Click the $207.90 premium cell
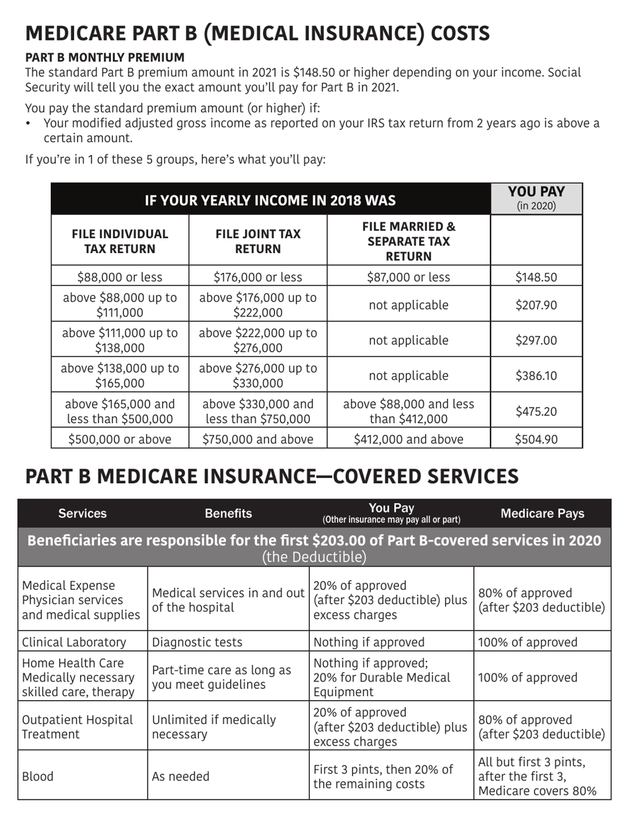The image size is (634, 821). point(536,305)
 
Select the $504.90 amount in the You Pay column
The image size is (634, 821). point(536,439)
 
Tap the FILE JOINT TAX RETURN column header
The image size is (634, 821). point(258,242)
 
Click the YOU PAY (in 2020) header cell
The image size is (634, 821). point(536,199)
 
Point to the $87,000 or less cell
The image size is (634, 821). point(408,277)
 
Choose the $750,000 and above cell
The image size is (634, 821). point(258,439)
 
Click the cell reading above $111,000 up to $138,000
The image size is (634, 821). point(120,340)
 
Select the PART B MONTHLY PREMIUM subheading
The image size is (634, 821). point(105,58)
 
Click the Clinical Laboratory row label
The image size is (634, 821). point(74,642)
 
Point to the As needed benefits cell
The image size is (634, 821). point(181,776)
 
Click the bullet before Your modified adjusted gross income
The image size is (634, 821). point(29,123)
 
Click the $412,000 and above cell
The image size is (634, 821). point(408,439)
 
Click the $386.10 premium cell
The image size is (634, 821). point(536,376)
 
